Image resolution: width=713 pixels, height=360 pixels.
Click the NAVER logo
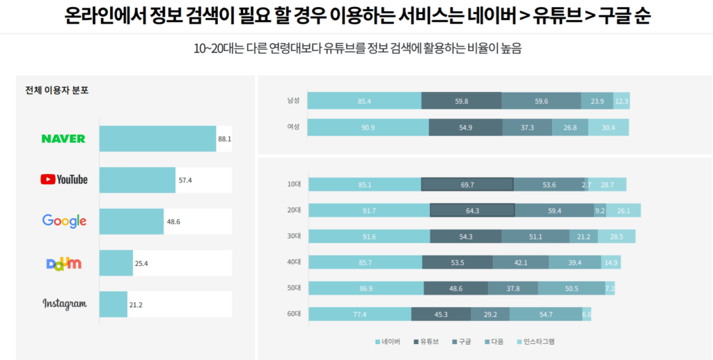(x=63, y=139)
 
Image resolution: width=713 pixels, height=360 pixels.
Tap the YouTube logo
(x=64, y=180)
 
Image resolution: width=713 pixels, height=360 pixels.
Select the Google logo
(x=64, y=221)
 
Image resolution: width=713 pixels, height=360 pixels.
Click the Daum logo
(x=64, y=263)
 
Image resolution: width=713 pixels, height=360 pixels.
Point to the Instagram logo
(x=64, y=304)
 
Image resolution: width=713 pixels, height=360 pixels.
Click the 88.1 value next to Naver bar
(x=224, y=139)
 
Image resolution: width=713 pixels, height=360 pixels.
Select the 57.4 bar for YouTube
(x=137, y=180)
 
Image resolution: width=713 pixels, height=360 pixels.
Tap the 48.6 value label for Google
(x=173, y=221)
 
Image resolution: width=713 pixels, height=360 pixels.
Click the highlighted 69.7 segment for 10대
(x=467, y=185)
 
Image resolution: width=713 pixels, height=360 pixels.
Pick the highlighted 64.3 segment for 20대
(x=472, y=210)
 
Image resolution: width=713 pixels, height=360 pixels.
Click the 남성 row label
(x=293, y=101)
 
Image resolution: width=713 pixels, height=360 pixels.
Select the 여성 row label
(x=293, y=127)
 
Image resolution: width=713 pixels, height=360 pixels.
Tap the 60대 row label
(x=293, y=314)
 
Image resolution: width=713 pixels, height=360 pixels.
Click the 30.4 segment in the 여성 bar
(x=608, y=127)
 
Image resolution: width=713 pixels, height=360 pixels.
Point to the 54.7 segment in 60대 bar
(x=546, y=314)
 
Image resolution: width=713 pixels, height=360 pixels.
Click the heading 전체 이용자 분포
(x=56, y=90)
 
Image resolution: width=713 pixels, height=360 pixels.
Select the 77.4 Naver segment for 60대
(x=359, y=314)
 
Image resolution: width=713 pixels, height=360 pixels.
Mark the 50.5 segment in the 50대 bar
(x=571, y=288)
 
